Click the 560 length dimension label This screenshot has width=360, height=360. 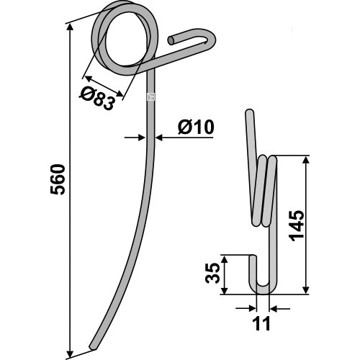click(58, 179)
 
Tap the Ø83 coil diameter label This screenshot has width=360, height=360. click(96, 99)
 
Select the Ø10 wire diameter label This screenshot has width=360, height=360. click(196, 127)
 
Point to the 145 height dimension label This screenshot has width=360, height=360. click(297, 225)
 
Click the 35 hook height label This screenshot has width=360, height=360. click(212, 273)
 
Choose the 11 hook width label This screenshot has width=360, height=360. click(262, 323)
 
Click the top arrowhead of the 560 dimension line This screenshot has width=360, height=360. click(70, 28)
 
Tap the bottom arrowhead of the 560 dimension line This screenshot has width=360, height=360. click(70, 354)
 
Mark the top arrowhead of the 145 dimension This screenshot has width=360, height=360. click(305, 160)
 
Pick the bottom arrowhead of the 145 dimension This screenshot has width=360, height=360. click(305, 289)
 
